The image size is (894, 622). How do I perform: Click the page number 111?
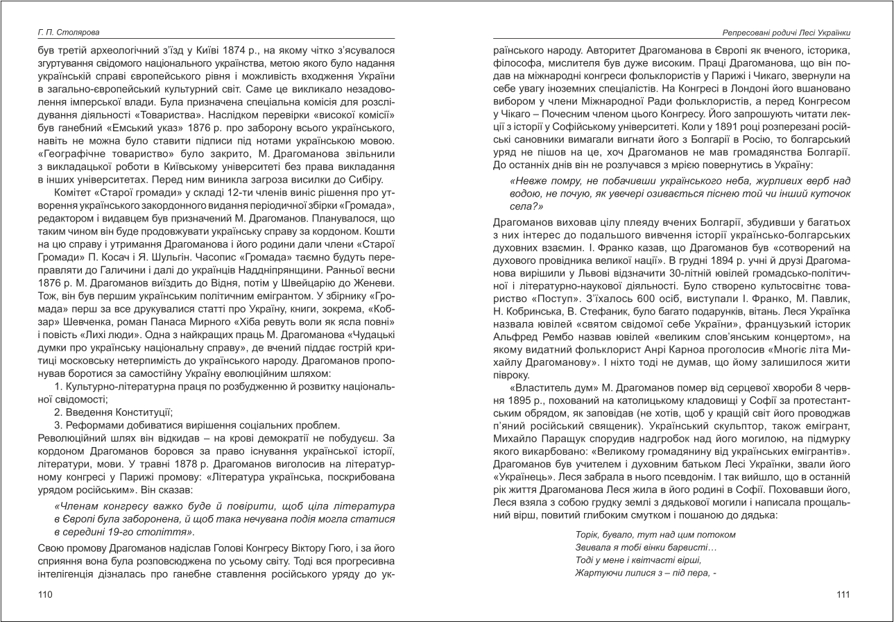click(843, 594)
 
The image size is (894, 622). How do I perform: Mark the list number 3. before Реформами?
click(58, 424)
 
